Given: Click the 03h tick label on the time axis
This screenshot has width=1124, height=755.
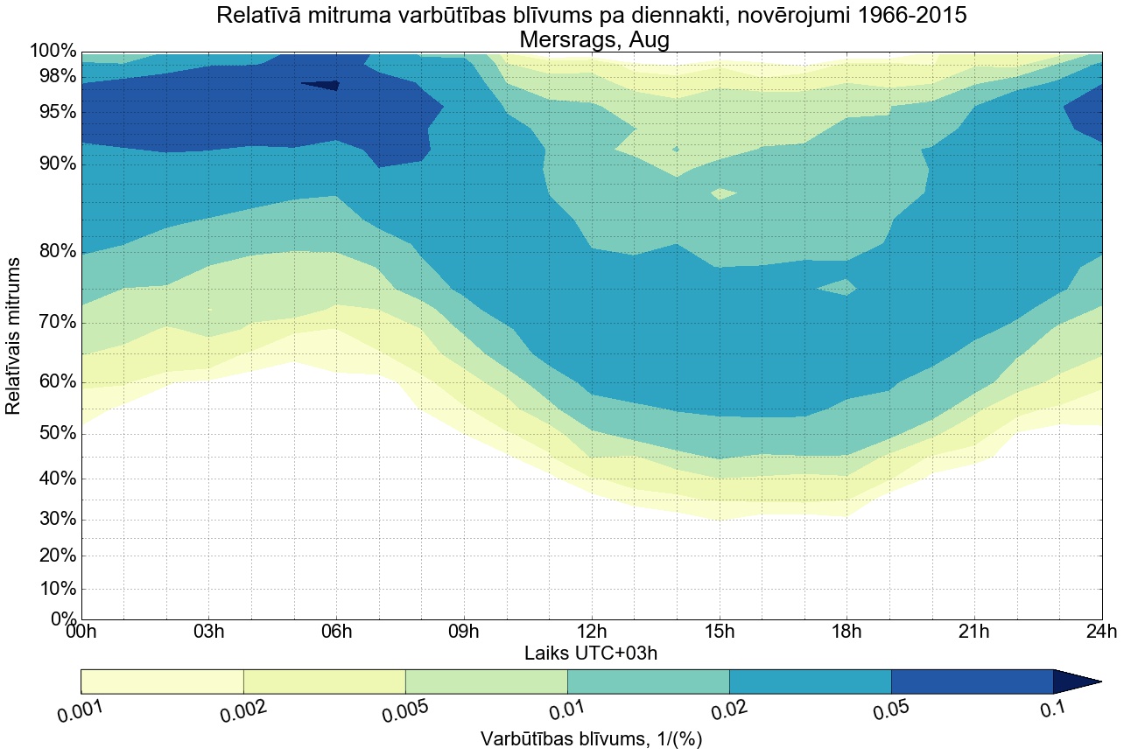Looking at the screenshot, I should pyautogui.click(x=208, y=633).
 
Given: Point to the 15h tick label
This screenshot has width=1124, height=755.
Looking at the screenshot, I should pyautogui.click(x=720, y=633).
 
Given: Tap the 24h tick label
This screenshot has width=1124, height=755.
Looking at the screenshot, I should pyautogui.click(x=1101, y=633).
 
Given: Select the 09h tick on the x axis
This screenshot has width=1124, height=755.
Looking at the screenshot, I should pyautogui.click(x=464, y=633).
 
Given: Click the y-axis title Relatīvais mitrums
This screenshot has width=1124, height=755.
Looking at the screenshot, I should pyautogui.click(x=13, y=336).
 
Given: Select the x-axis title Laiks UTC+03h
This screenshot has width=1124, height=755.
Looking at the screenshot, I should pyautogui.click(x=591, y=653).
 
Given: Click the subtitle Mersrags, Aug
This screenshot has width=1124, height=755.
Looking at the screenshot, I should pyautogui.click(x=594, y=39).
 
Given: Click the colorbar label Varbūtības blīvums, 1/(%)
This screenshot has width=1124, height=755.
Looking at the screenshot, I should pyautogui.click(x=591, y=739).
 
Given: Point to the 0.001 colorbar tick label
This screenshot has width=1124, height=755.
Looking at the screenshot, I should pyautogui.click(x=81, y=711).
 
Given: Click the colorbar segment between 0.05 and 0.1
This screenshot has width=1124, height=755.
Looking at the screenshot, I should pyautogui.click(x=972, y=681).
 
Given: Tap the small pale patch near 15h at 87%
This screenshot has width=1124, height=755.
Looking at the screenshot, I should pyautogui.click(x=723, y=193).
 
